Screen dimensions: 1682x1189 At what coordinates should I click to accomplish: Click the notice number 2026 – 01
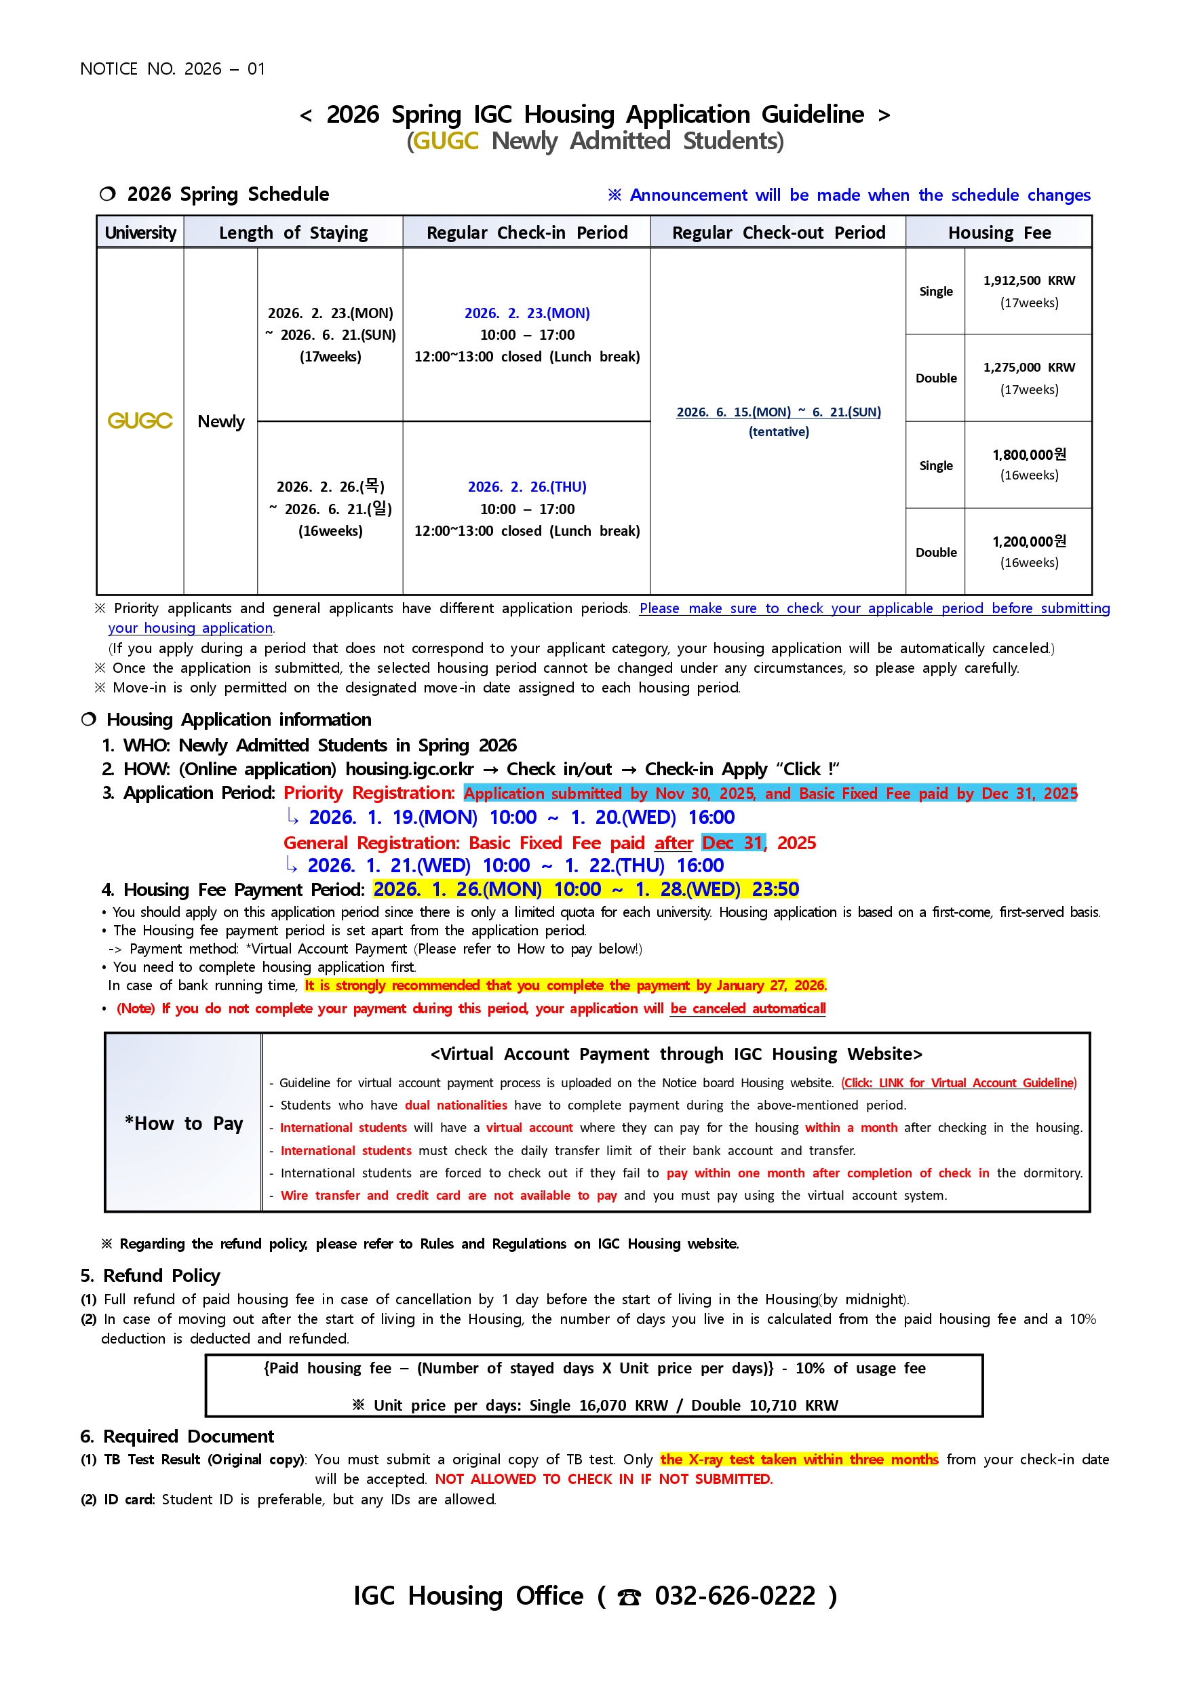[225, 69]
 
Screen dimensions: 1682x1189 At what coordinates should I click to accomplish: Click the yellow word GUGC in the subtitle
[446, 140]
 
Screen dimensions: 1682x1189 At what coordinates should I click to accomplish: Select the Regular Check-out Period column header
[778, 233]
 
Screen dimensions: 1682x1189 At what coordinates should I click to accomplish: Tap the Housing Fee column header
[998, 233]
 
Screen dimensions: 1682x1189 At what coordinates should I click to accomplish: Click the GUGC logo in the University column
[140, 421]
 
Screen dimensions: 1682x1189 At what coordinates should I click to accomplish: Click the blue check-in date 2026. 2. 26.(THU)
[527, 487]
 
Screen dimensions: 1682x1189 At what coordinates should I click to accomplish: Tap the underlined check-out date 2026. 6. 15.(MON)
[733, 412]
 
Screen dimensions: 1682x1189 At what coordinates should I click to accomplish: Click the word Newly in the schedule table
[220, 422]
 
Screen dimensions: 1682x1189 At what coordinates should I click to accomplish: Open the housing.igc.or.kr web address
[410, 769]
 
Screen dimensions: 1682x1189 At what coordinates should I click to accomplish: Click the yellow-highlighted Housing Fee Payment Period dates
[585, 889]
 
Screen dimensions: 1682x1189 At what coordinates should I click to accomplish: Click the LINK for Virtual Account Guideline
[958, 1082]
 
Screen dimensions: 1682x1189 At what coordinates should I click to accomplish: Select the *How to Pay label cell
[183, 1124]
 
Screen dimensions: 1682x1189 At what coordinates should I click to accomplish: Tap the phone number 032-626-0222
[735, 1596]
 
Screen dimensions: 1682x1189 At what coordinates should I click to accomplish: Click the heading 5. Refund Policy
[150, 1276]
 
